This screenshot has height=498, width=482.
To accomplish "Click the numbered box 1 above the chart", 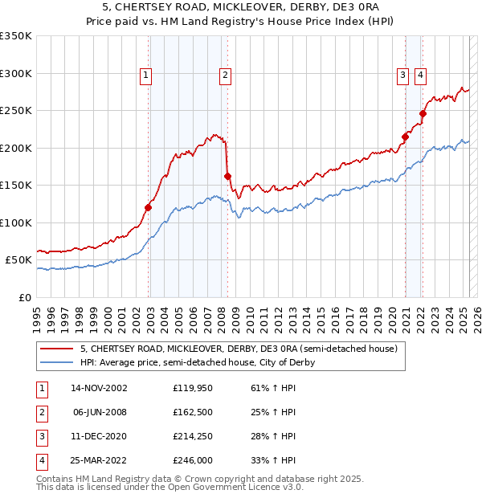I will tap(145, 76).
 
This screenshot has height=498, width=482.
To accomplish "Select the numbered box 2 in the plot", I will tap(225, 76).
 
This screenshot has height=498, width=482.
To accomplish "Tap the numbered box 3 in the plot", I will tap(402, 76).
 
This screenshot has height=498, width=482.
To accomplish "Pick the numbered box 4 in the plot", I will tap(420, 76).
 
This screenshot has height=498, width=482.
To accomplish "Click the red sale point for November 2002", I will tap(149, 207).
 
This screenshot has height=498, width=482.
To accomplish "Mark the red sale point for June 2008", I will tap(228, 176).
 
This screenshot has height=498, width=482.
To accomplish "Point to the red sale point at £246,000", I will tap(423, 114).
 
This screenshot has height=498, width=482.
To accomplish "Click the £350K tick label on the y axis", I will tap(16, 36).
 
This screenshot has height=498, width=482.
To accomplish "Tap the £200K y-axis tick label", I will tap(16, 148).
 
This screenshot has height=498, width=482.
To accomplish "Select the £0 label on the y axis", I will tap(24, 297).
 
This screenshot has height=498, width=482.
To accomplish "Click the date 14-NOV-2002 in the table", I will tap(100, 388).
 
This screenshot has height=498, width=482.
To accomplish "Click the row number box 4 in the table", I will tap(40, 460).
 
